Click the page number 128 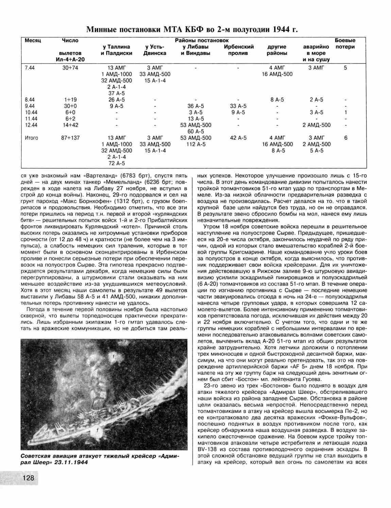coord(28,478)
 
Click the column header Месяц coord(33,41)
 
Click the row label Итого coord(32,138)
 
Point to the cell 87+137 coord(70,138)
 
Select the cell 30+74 coord(70,68)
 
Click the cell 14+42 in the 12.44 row coord(70,125)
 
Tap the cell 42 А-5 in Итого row coord(238,138)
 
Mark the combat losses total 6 coord(345,138)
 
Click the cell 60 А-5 coord(195,131)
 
